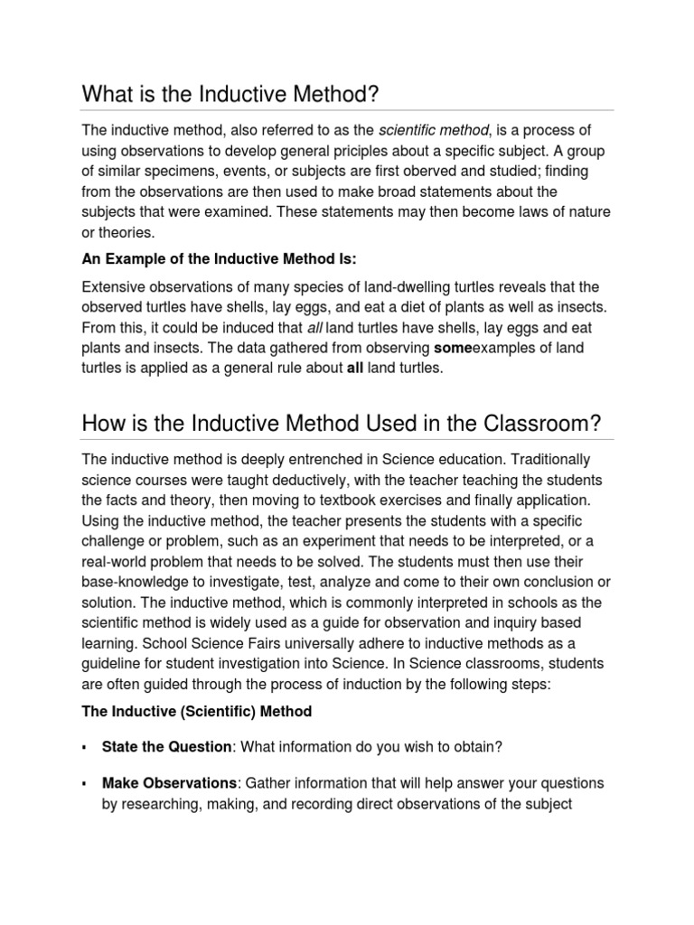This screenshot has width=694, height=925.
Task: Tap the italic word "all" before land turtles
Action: [312, 327]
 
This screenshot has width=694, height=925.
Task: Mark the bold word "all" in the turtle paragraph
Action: [354, 368]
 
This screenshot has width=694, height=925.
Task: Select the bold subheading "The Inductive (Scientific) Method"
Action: [196, 711]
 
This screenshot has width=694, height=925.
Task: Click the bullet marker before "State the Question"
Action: [84, 748]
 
